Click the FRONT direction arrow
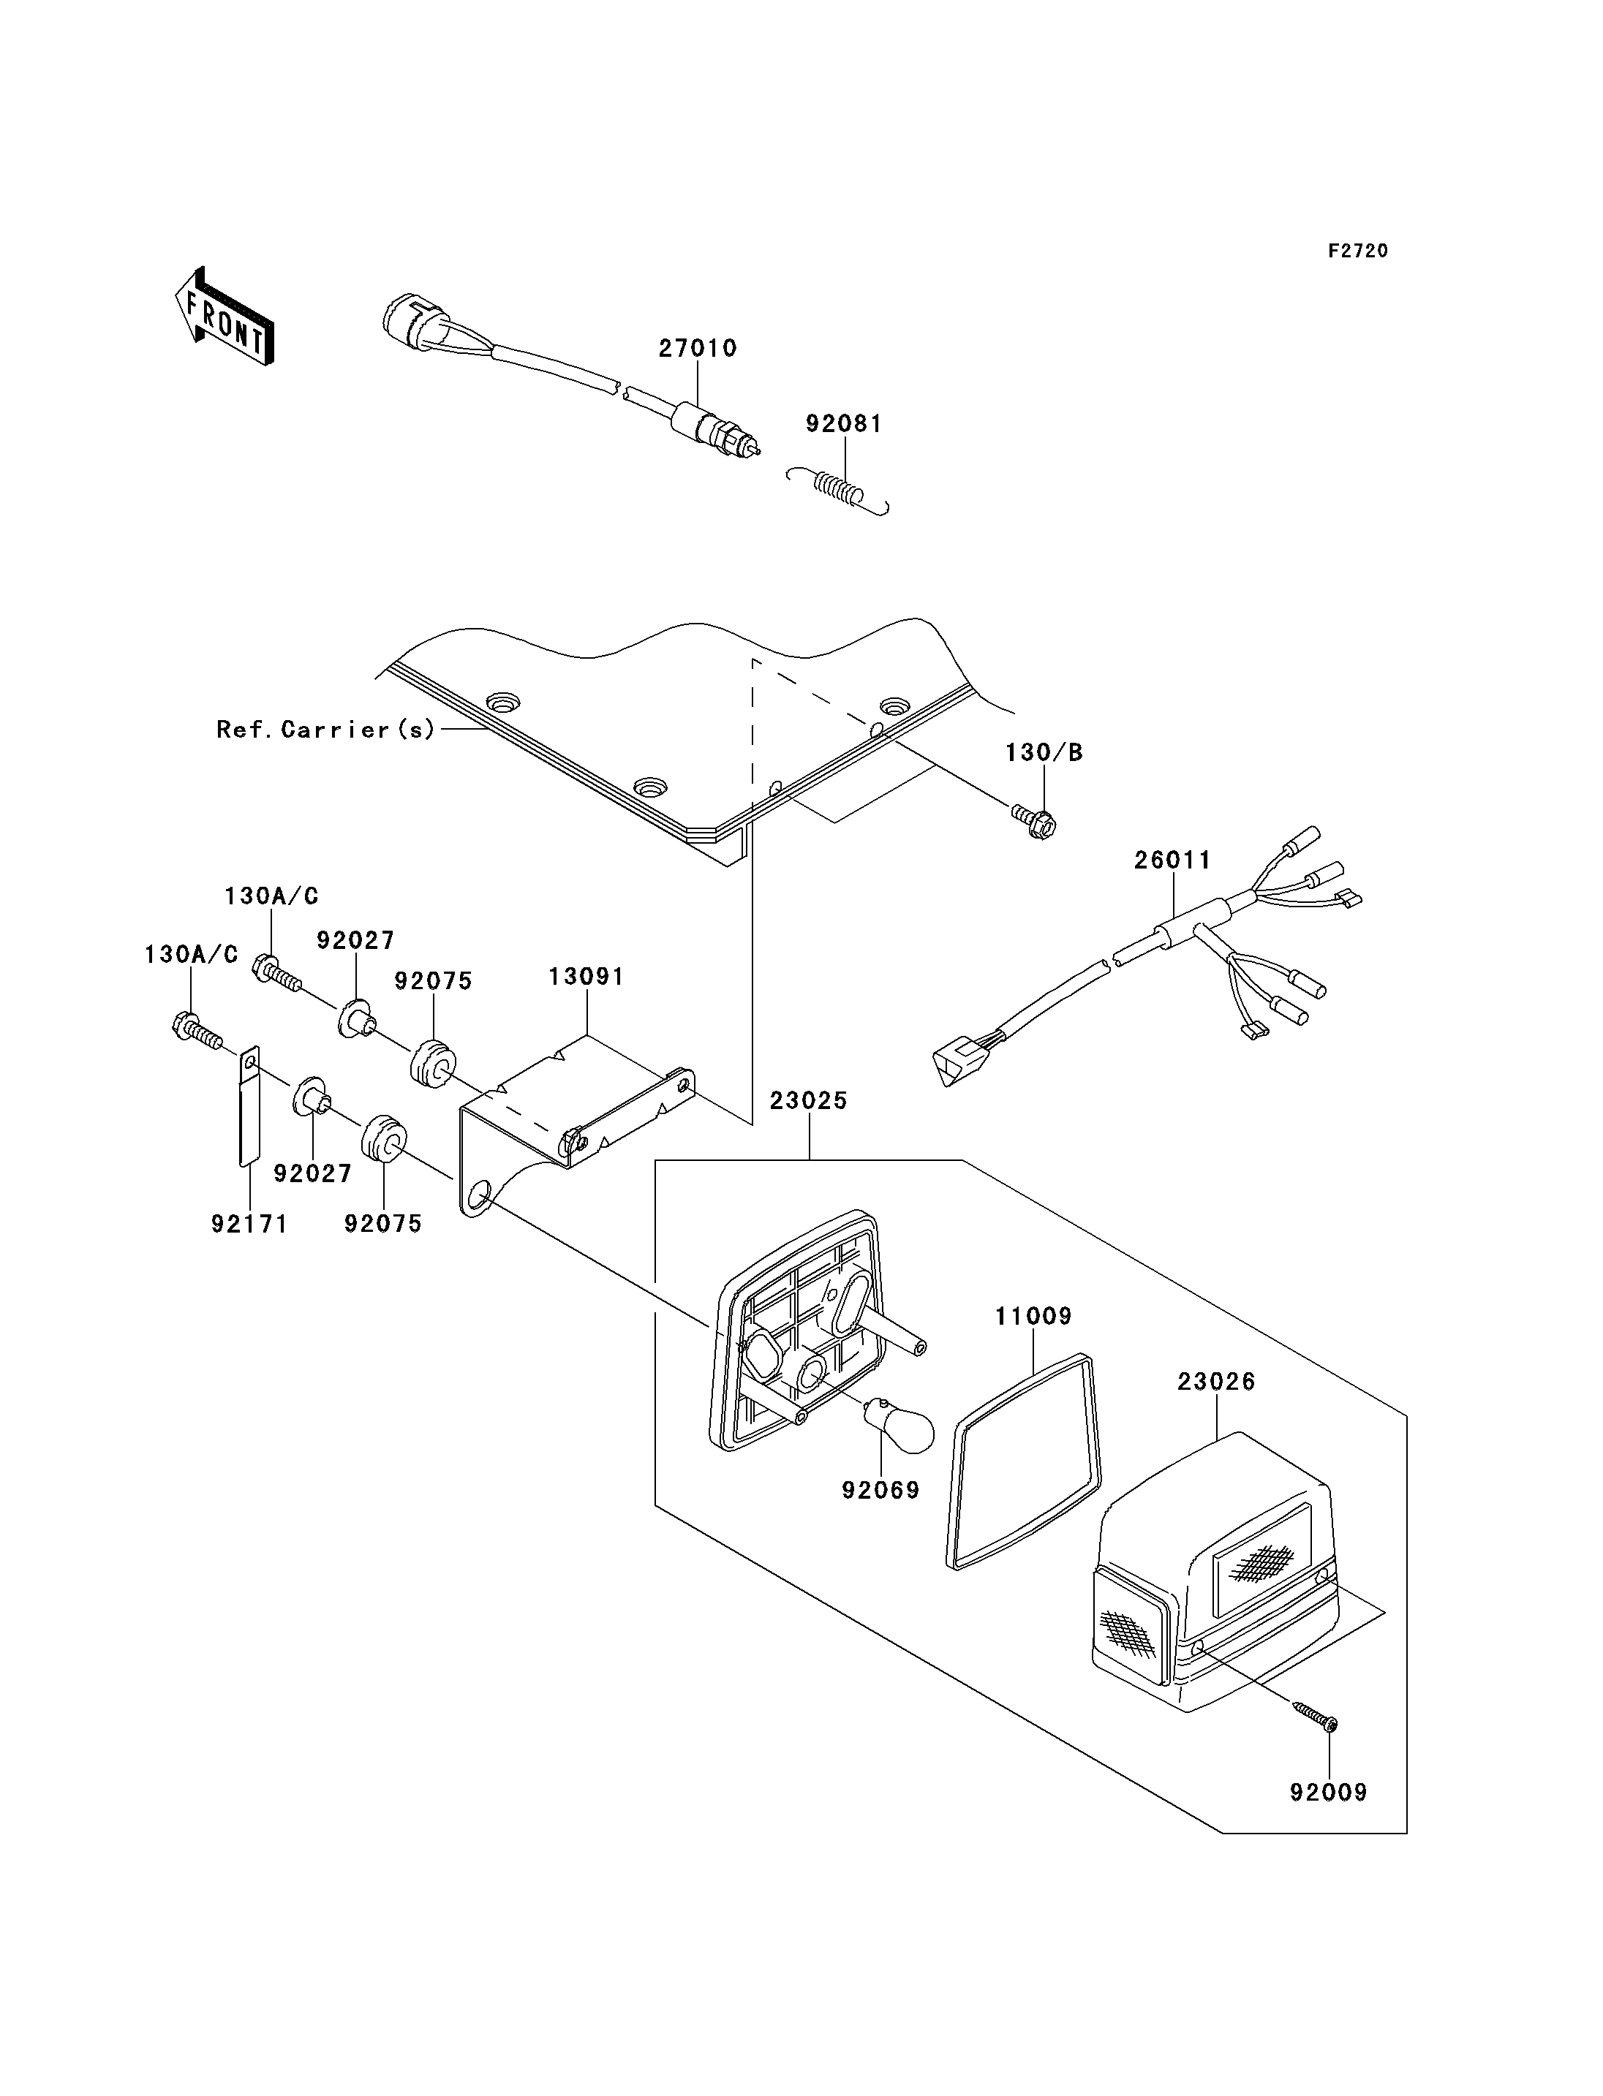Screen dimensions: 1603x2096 [225, 318]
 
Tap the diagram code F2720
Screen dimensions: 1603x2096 [1358, 251]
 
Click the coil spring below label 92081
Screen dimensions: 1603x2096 [839, 491]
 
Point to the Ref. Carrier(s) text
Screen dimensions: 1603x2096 [326, 730]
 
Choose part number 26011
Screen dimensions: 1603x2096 [1173, 860]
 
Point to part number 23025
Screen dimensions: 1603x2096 [808, 1101]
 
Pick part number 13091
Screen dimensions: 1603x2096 [586, 977]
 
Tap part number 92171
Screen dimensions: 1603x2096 [249, 1224]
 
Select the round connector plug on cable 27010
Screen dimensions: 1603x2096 [412, 320]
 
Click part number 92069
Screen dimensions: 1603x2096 [880, 1490]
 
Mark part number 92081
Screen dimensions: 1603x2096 [845, 423]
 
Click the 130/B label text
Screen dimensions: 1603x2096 [1044, 753]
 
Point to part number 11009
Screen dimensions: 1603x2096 [1033, 1317]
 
